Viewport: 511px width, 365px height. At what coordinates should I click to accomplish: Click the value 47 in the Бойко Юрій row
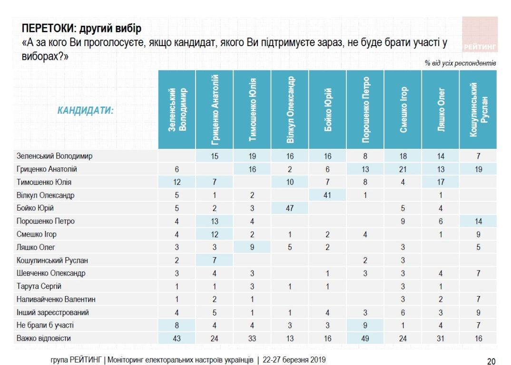pos(290,208)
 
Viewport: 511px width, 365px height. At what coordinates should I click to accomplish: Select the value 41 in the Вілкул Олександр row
pos(328,195)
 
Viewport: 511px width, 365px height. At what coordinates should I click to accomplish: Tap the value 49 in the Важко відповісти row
pos(365,338)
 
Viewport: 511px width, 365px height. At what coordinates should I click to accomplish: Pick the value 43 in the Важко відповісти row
pos(177,338)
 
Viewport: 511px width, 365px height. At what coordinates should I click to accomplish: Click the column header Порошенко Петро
pos(365,110)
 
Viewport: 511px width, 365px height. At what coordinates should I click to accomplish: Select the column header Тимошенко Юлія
pos(252,110)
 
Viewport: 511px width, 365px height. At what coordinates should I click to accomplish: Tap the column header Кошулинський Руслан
pos(478,110)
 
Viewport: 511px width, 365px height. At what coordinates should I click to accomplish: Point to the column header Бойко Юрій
pos(328,110)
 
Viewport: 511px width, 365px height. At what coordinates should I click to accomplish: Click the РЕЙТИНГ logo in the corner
pos(480,47)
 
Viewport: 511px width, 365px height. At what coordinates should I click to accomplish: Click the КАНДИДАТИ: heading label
pos(86,111)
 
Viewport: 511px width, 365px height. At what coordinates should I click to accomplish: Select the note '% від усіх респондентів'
pos(461,63)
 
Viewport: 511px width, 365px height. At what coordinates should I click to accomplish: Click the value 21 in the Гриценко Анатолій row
pos(403,169)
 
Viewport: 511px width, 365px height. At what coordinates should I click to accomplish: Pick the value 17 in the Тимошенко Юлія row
pos(441,182)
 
